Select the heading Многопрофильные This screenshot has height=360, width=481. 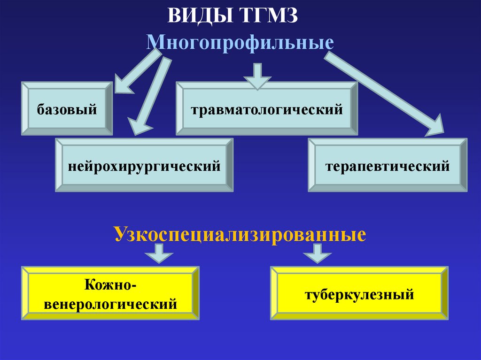240,43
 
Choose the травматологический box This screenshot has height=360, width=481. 267,108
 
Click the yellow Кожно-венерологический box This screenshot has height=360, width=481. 110,293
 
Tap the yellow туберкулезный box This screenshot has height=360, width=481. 359,293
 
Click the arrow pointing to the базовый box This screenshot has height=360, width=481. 136,73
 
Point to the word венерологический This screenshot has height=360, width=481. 111,303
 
